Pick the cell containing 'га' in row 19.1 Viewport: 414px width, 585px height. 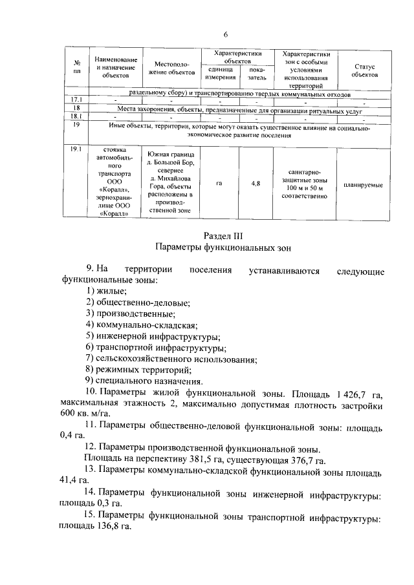point(221,184)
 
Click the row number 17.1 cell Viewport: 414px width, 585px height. point(76,99)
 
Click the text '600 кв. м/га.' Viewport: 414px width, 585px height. point(86,415)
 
